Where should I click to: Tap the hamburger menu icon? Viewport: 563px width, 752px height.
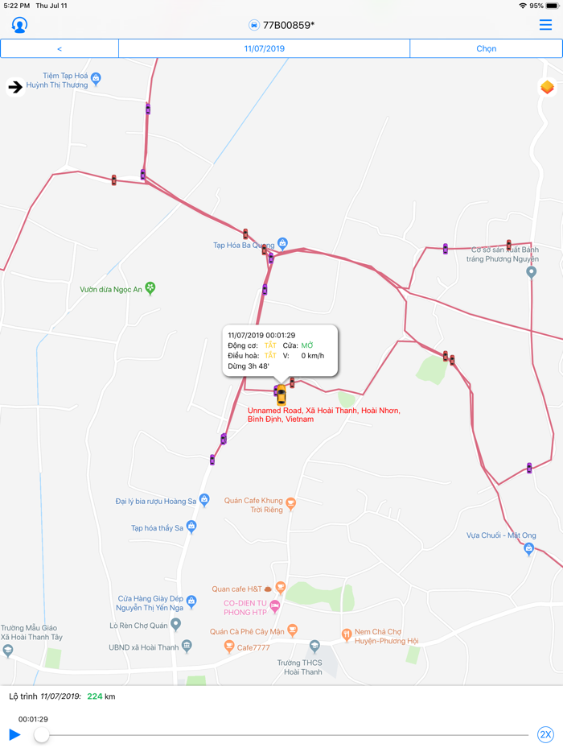coord(545,25)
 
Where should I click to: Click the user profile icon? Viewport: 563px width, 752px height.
coord(19,25)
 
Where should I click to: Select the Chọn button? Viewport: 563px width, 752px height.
coord(486,49)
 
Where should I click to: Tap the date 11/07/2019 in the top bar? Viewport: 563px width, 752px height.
coord(264,49)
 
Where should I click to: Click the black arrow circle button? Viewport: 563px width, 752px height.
coord(15,87)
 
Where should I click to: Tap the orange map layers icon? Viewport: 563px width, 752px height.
coord(547,87)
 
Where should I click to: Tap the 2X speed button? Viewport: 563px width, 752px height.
coord(545,734)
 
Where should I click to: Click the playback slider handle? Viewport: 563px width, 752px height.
coord(41,734)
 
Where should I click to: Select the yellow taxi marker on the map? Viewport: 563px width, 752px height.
coord(281,395)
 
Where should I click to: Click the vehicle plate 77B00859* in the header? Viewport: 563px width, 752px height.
coord(288,25)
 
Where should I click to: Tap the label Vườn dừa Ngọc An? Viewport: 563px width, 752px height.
coord(111,289)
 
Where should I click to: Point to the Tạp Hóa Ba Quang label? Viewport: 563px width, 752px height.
coord(244,245)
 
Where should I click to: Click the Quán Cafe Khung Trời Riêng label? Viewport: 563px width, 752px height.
coord(254,505)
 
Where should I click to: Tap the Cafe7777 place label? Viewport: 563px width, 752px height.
coord(253,647)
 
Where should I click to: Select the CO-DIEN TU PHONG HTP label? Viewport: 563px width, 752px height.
coord(245,607)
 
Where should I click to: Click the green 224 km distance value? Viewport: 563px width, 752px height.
coord(94,696)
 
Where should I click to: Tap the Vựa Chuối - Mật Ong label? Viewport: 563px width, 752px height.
coord(501,535)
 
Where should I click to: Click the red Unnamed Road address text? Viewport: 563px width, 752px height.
coord(323,415)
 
